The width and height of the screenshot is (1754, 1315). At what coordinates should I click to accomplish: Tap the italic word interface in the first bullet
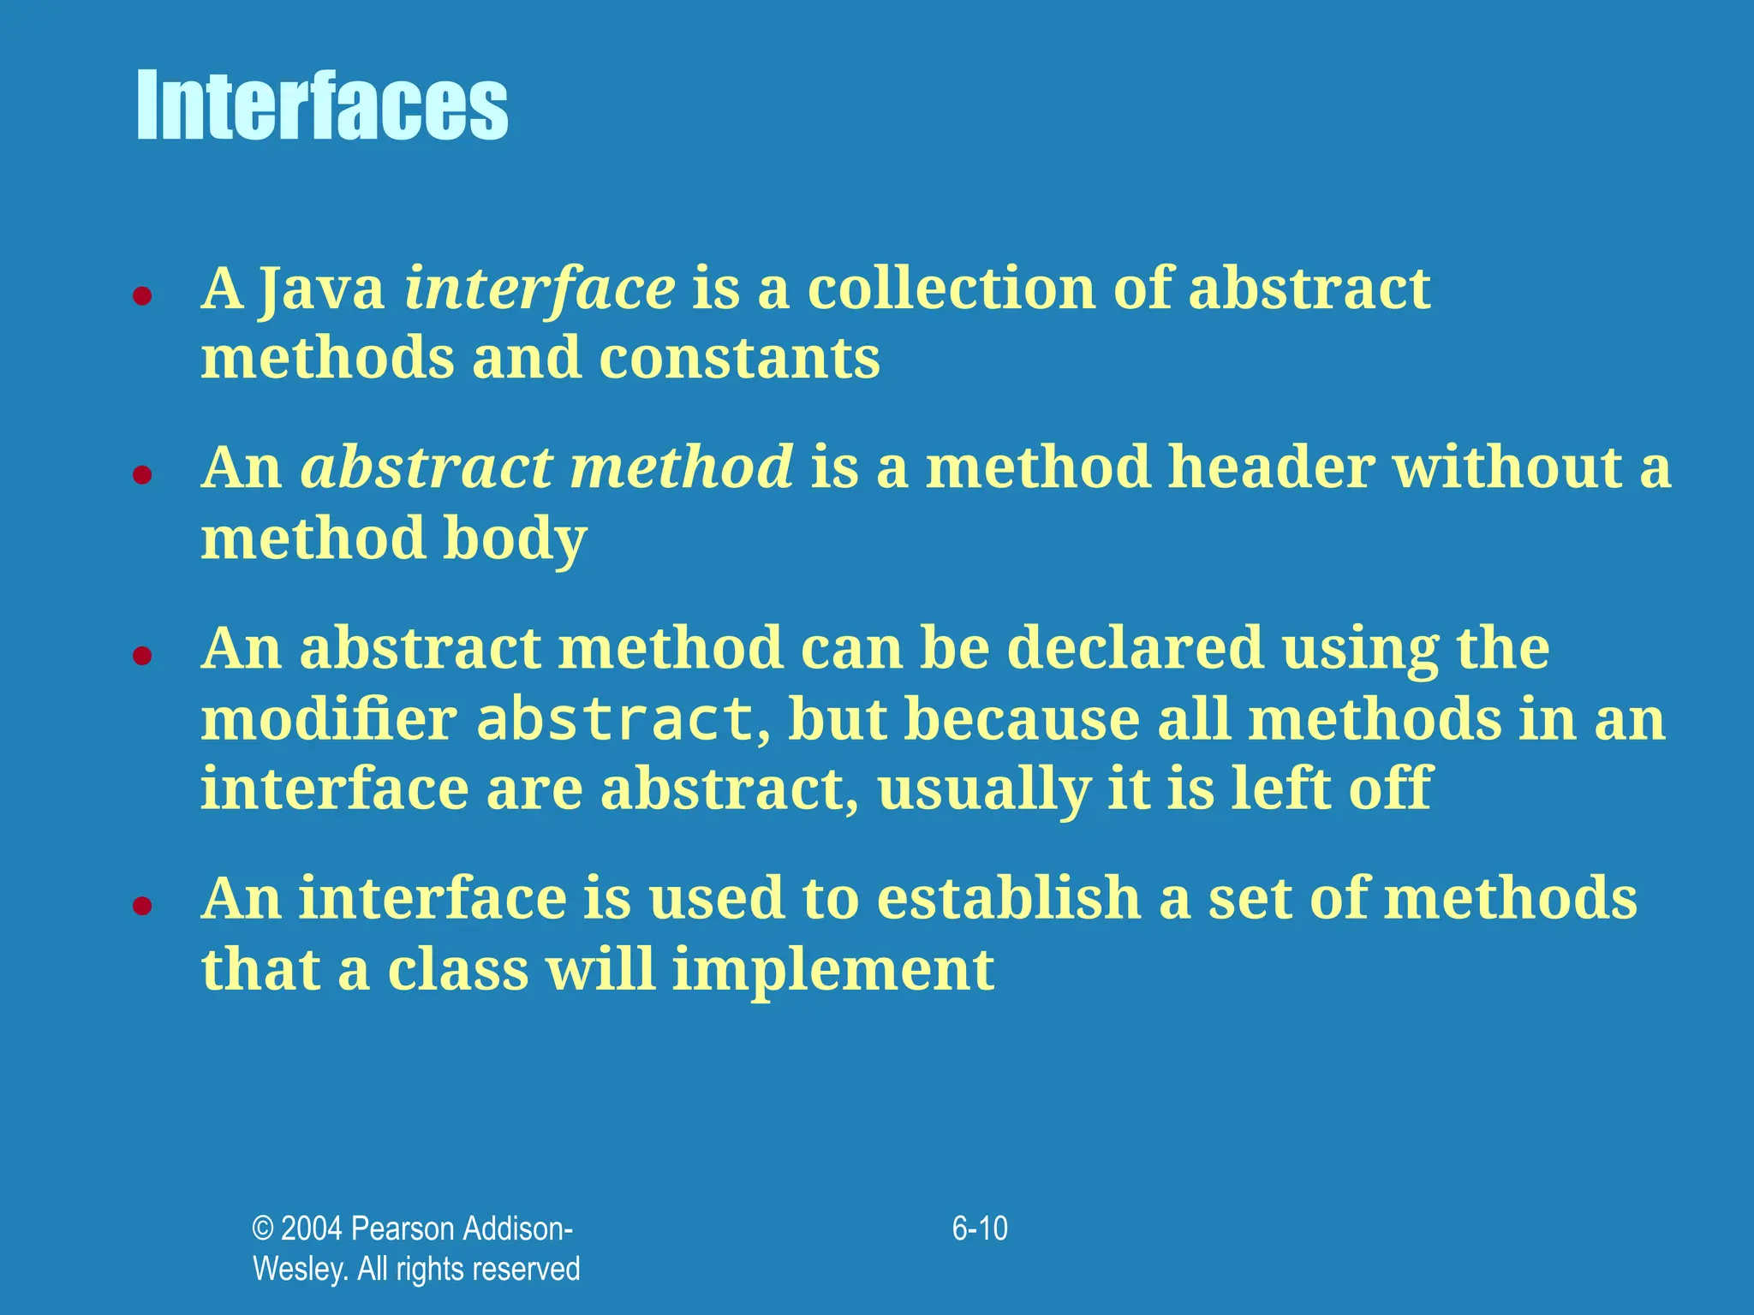coord(540,289)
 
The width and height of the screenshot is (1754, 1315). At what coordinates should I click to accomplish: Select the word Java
coord(322,289)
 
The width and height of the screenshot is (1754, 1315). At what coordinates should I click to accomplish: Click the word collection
coord(951,289)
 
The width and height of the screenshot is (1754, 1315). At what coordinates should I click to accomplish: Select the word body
coord(515,539)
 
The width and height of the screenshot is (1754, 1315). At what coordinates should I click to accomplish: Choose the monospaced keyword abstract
coord(614,719)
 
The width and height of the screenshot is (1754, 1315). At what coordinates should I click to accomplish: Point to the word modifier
coord(329,719)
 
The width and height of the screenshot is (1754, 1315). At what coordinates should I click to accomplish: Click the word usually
coord(984,789)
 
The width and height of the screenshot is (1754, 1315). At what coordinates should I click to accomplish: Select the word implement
coord(832,970)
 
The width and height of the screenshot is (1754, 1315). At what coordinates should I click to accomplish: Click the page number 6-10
coord(980,1229)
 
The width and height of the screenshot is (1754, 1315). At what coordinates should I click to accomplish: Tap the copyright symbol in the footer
coord(262,1229)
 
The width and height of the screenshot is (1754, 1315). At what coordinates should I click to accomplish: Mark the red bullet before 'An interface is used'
coord(142,906)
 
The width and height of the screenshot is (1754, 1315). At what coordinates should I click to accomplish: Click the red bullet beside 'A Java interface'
coord(142,296)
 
